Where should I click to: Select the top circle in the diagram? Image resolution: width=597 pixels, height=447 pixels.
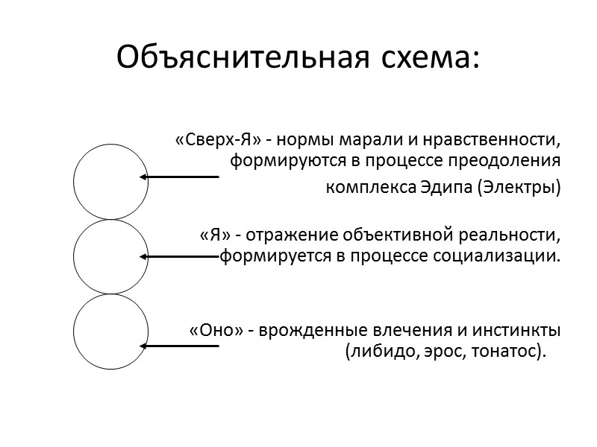110,181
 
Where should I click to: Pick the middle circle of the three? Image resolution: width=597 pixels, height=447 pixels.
110,256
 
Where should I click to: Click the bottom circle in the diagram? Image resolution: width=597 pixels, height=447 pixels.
110,332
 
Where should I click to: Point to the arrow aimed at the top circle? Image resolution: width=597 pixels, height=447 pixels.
179,177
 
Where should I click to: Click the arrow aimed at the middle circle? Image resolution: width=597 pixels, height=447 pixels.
179,256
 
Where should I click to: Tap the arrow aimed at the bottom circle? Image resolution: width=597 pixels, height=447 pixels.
179,346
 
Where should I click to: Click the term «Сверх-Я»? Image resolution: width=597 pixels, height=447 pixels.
202,140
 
